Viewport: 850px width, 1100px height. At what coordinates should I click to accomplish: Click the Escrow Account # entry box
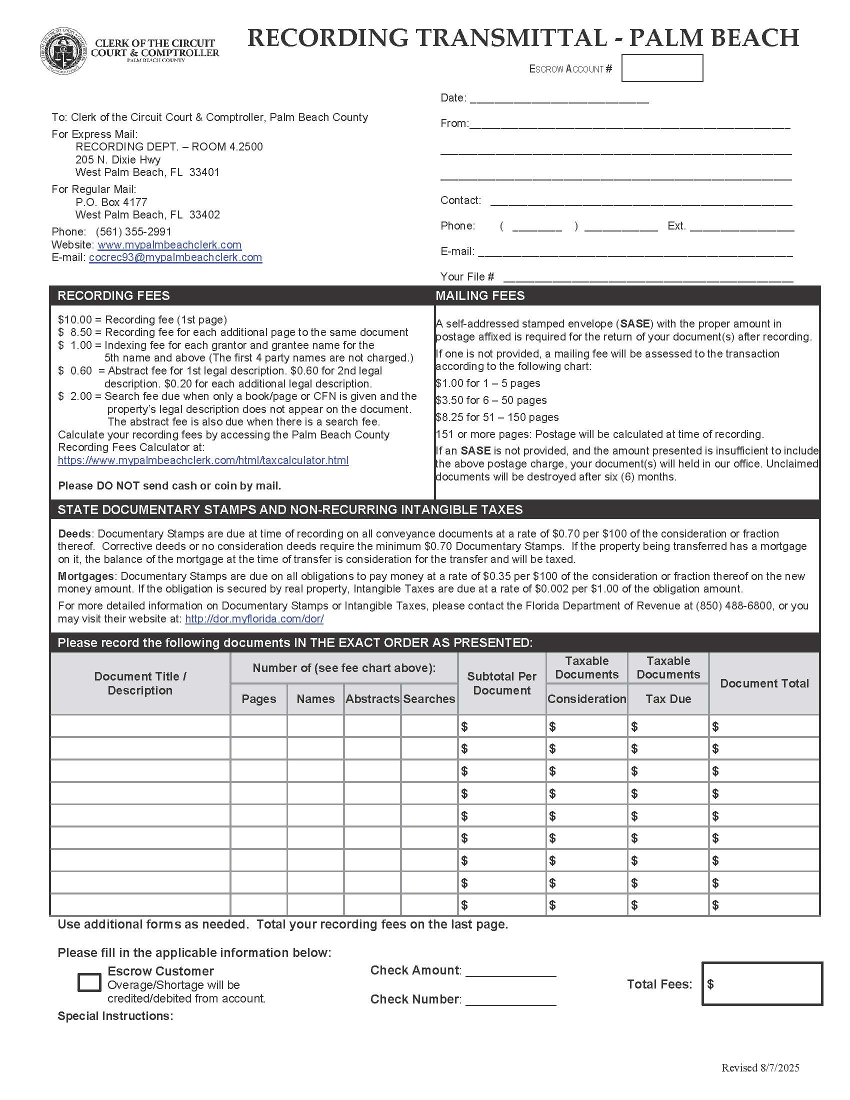pos(661,68)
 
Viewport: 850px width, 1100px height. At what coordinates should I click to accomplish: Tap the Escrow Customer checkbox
pos(89,982)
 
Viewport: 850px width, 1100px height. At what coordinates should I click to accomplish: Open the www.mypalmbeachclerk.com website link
pos(169,245)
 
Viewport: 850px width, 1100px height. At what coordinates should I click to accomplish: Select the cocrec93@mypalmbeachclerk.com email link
pos(175,257)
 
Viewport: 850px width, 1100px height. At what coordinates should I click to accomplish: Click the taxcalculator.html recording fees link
pos(203,460)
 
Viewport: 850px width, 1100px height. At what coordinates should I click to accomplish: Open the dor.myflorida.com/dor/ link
pos(254,619)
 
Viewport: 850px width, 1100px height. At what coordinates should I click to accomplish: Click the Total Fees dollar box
pos(762,984)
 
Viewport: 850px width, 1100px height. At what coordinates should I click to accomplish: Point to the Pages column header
pos(259,699)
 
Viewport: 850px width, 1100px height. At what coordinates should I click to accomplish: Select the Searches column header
pos(429,699)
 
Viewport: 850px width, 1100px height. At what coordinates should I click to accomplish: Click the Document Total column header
pos(764,683)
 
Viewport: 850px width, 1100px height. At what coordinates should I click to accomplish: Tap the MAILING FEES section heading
pos(480,295)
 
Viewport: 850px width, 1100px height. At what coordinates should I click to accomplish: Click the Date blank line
pos(559,98)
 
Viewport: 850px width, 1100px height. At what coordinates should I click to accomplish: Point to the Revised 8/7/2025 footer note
pos(760,1068)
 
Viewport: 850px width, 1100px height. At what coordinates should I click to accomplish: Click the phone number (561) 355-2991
pos(133,231)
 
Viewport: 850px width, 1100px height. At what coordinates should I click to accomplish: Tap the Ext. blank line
pos(741,226)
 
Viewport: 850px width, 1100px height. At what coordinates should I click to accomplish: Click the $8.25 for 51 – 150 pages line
pos(496,417)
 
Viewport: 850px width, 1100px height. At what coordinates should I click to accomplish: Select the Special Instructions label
pos(115,1016)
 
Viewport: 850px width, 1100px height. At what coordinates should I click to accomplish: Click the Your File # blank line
pos(647,277)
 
